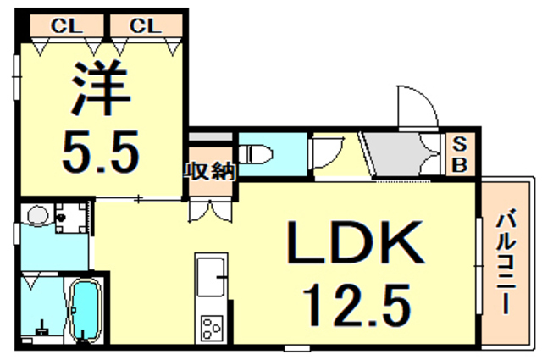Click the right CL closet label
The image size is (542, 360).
pyautogui.click(x=145, y=26)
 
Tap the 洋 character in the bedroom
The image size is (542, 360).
pyautogui.click(x=99, y=90)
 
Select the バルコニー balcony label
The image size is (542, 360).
pyautogui.click(x=507, y=263)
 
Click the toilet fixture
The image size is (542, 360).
pyautogui.click(x=257, y=153)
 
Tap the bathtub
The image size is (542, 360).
pyautogui.click(x=84, y=310)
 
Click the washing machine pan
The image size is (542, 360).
pyautogui.click(x=70, y=216)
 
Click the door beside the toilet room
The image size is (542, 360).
pyautogui.click(x=324, y=155)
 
